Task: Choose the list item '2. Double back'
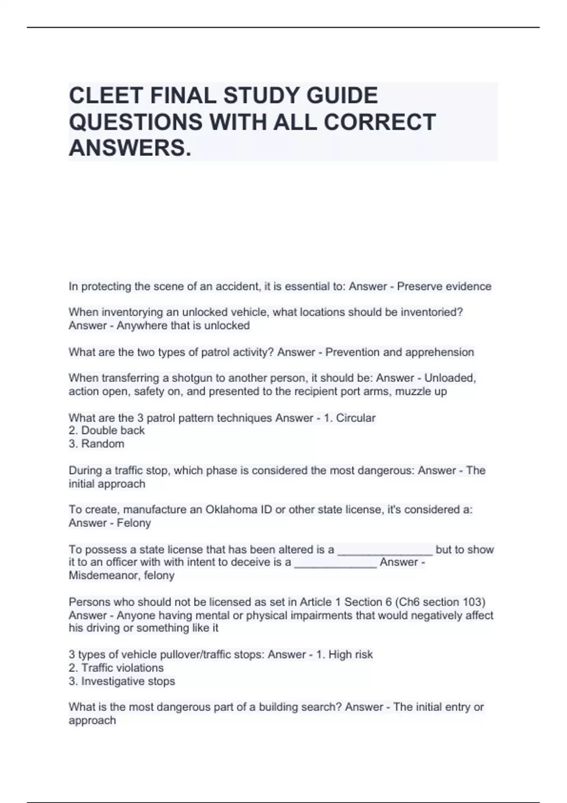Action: tap(107, 431)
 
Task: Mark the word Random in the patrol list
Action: tap(103, 444)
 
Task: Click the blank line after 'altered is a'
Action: tap(385, 550)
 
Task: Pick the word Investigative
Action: tap(128, 682)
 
